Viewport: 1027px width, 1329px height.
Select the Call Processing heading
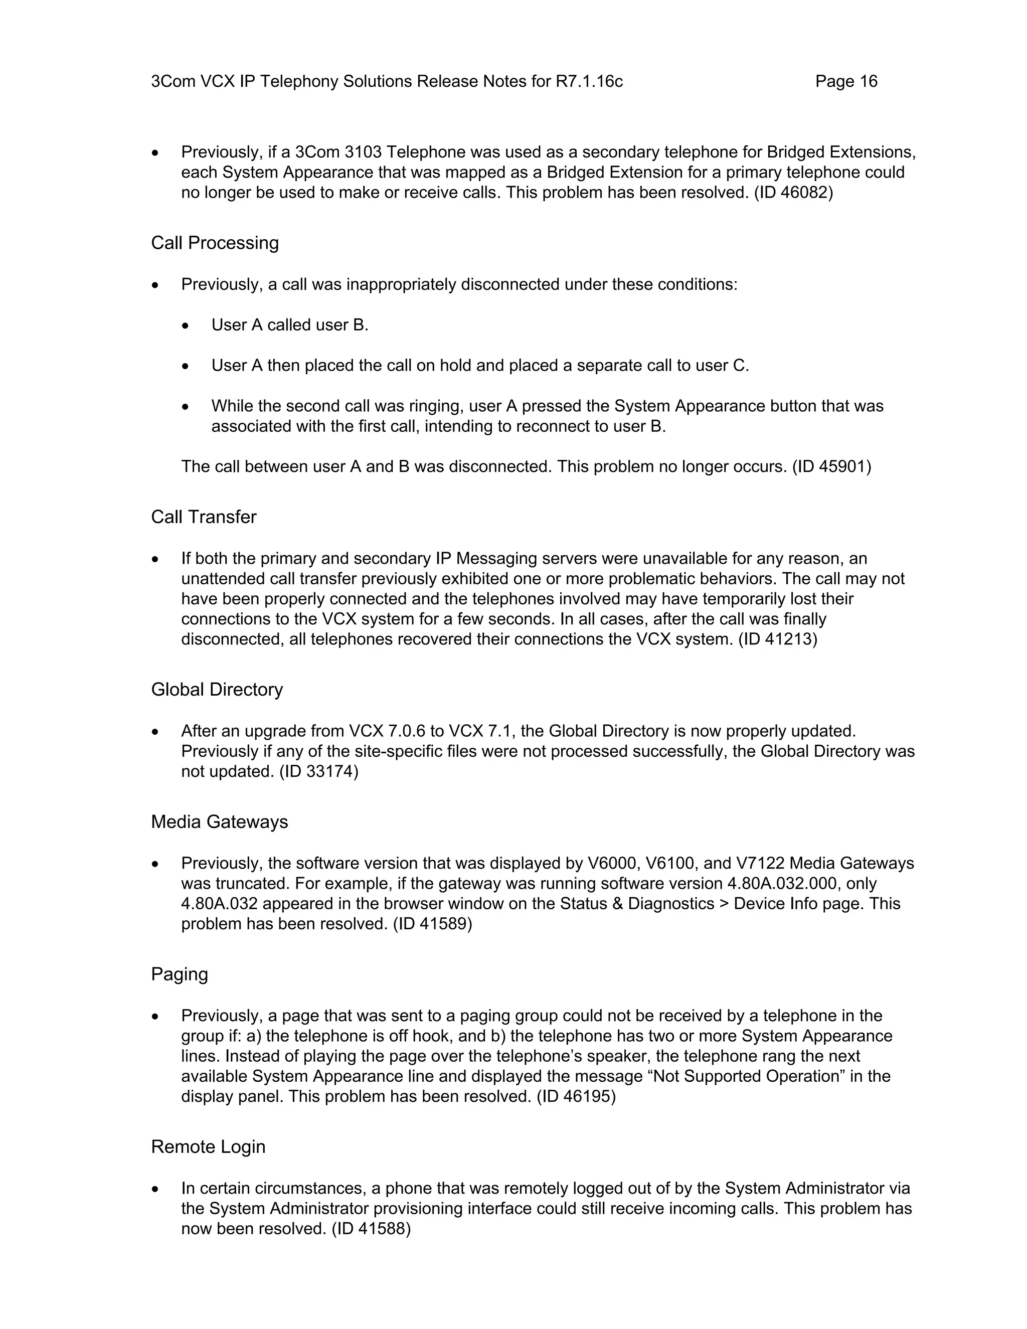tap(215, 243)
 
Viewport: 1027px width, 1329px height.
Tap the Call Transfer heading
tap(203, 517)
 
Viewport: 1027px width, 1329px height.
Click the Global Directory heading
tap(217, 690)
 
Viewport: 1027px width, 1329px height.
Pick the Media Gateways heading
tap(219, 822)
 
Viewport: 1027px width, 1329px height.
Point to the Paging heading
tap(179, 974)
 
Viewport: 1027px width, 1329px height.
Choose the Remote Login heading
tap(208, 1146)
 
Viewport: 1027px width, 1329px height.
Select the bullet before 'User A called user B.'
tap(186, 326)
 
